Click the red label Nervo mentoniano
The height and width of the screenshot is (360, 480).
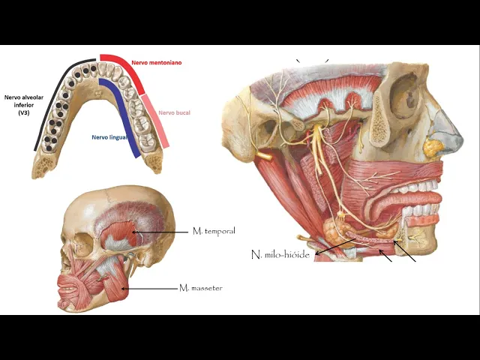pyautogui.click(x=156, y=63)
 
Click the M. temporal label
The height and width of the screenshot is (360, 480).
pyautogui.click(x=214, y=231)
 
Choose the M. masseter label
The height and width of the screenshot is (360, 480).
pyautogui.click(x=201, y=287)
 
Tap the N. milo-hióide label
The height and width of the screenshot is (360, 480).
pyautogui.click(x=280, y=255)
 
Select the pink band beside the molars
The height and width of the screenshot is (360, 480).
pyautogui.click(x=156, y=120)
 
